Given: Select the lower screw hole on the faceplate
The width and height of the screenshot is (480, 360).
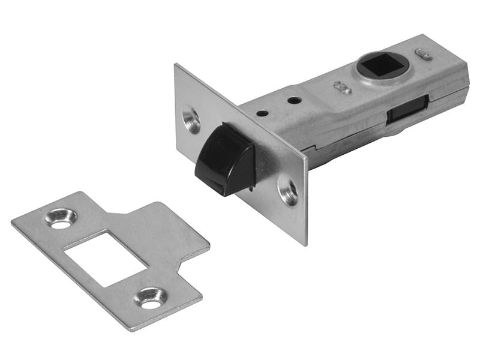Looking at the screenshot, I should (x=289, y=191).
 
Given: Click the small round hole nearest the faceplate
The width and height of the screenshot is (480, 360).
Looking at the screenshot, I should (x=262, y=112).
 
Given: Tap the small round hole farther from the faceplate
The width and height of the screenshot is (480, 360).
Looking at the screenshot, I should (x=293, y=100).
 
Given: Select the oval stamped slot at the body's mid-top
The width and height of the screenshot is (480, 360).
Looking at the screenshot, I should (x=343, y=87).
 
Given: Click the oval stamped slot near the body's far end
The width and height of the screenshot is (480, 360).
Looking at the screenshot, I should (x=424, y=54).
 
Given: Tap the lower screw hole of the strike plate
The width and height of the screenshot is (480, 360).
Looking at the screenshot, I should (x=150, y=298).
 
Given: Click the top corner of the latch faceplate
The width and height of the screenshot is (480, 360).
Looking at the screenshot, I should (x=176, y=65).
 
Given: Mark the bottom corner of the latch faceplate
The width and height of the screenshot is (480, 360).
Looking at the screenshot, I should (x=304, y=244).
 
